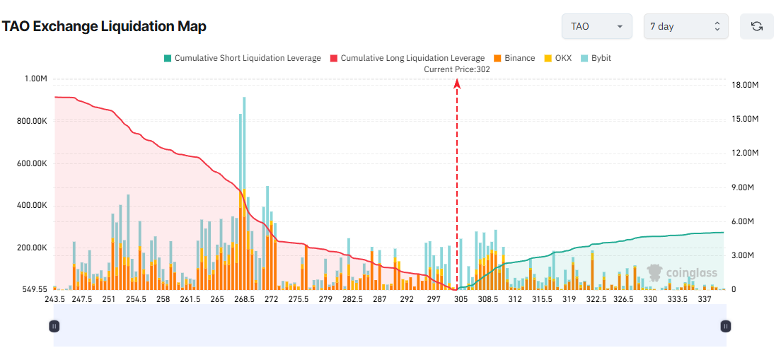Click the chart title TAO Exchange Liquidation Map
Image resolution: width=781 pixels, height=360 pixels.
click(x=104, y=27)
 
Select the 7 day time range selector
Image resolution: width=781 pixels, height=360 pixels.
click(x=685, y=26)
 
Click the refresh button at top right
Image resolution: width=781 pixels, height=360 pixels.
click(x=756, y=26)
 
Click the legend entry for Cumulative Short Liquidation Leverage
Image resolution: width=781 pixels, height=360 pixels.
click(x=242, y=58)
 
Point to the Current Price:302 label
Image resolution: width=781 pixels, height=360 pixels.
click(x=456, y=69)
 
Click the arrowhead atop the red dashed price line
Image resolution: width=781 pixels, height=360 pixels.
click(x=457, y=83)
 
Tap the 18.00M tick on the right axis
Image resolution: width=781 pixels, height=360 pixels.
click(x=745, y=85)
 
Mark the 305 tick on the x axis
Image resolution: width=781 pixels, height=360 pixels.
click(x=461, y=300)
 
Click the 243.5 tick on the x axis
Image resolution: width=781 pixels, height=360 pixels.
click(x=54, y=300)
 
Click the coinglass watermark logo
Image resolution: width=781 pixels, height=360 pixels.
click(x=682, y=273)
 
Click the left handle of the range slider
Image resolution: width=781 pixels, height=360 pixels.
click(x=54, y=326)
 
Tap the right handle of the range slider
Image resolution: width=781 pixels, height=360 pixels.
click(x=725, y=326)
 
